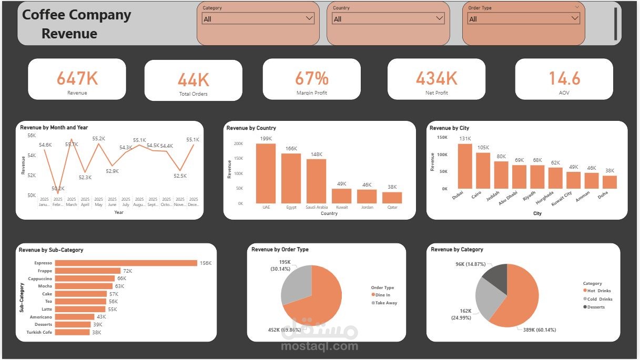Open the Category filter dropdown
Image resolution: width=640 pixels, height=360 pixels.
[258, 18]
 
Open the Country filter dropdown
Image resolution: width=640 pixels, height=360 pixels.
[388, 18]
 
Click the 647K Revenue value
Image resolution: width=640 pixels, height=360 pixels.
[77, 78]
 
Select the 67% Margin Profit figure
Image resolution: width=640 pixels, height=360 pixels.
[311, 78]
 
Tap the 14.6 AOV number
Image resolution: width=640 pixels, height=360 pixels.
[564, 78]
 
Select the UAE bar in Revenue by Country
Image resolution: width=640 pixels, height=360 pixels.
[266, 173]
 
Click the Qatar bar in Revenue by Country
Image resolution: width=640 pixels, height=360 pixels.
[392, 198]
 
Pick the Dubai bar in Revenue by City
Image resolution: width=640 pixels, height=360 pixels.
[465, 166]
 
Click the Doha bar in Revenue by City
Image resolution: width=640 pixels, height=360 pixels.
[609, 182]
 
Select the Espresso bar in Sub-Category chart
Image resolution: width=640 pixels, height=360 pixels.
[126, 263]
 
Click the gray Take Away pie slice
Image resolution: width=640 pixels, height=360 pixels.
[294, 285]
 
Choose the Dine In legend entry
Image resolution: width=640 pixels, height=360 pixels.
[382, 295]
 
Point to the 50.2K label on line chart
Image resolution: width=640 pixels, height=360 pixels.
[58, 188]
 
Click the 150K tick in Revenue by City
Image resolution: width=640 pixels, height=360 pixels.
[442, 138]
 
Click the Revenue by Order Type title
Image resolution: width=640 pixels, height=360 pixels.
[280, 250]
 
